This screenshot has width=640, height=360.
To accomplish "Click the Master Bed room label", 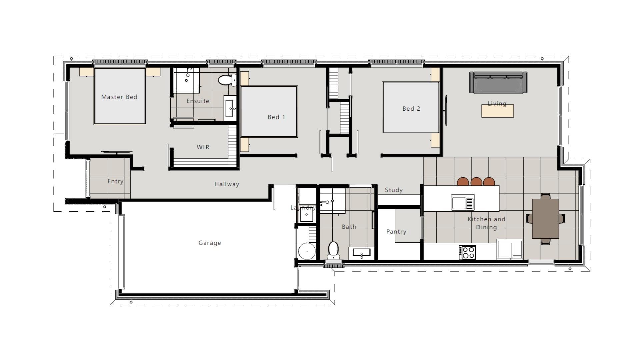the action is point(119,97).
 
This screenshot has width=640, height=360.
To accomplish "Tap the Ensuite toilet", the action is point(227,80).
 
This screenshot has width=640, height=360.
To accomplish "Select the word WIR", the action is point(203,147).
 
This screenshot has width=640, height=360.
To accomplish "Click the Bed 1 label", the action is point(276,117).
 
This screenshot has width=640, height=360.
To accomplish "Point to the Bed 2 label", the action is point(411,109).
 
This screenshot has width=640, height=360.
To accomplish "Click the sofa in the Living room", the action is point(498,82).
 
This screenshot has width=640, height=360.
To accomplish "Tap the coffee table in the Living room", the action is point(497,111).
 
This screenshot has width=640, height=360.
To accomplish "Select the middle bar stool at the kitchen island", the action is point(476,182).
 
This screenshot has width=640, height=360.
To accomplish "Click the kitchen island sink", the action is point(463,202).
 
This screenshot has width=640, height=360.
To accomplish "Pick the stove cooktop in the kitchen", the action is point(467,252).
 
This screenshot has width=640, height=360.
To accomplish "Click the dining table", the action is point(545,219).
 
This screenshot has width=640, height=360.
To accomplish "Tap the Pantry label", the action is point(396,232).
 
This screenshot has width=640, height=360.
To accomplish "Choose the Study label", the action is point(394,190).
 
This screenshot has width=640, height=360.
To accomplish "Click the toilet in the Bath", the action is point(333,250).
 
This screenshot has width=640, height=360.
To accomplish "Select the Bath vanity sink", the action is point(362,253).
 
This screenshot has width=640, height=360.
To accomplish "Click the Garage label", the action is point(210,243).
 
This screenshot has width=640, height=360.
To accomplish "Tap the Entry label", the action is point(115,181).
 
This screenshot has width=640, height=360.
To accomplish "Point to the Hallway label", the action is point(227,184).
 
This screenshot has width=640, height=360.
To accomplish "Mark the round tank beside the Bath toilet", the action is point(307,251).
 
